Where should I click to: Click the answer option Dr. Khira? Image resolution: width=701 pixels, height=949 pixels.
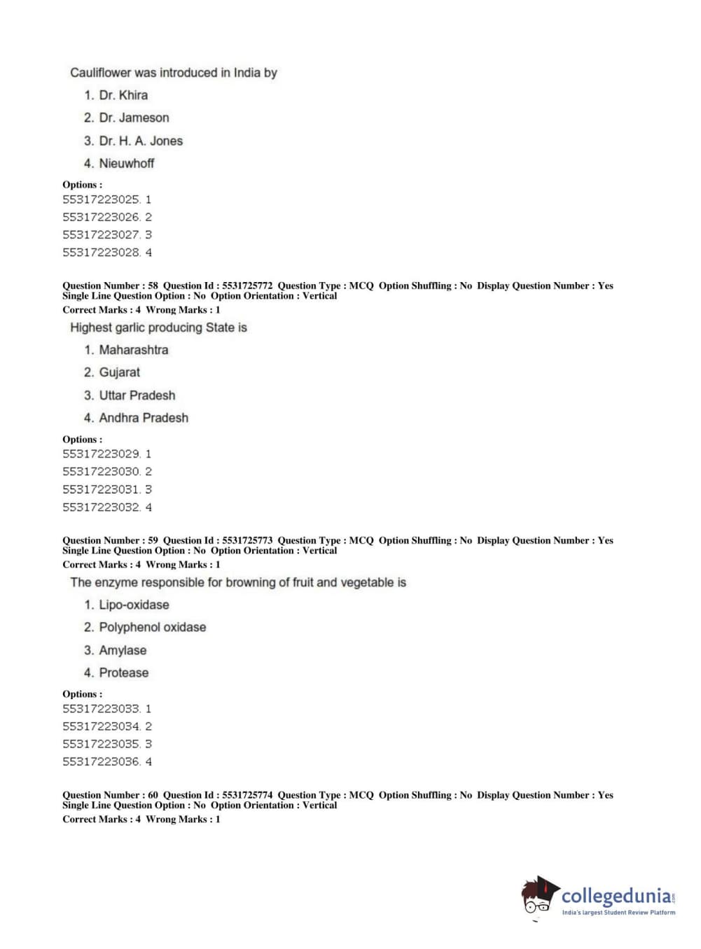point(123,95)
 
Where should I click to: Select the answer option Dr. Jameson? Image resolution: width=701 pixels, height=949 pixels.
point(133,118)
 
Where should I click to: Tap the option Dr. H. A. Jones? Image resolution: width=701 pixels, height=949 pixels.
point(140,141)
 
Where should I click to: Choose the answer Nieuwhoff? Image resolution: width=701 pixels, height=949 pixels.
point(126,163)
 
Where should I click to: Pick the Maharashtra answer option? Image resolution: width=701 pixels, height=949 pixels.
point(133,350)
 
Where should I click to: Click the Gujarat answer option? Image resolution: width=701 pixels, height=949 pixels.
point(119,372)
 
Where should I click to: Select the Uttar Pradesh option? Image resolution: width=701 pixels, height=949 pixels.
point(137,395)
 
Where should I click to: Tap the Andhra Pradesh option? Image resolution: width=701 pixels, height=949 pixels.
point(143,418)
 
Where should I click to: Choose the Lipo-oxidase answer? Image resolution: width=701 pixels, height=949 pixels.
point(133,605)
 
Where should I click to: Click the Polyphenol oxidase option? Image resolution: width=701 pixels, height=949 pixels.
point(152,627)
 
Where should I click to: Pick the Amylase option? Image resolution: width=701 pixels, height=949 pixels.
point(123,650)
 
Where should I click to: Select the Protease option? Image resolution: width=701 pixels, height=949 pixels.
point(123,673)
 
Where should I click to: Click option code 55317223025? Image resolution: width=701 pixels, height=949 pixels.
point(102,199)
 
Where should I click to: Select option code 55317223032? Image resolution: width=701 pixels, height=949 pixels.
point(102,507)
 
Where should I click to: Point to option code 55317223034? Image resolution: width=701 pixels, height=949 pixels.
point(102,726)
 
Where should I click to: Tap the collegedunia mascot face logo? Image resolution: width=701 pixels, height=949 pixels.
point(538,897)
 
